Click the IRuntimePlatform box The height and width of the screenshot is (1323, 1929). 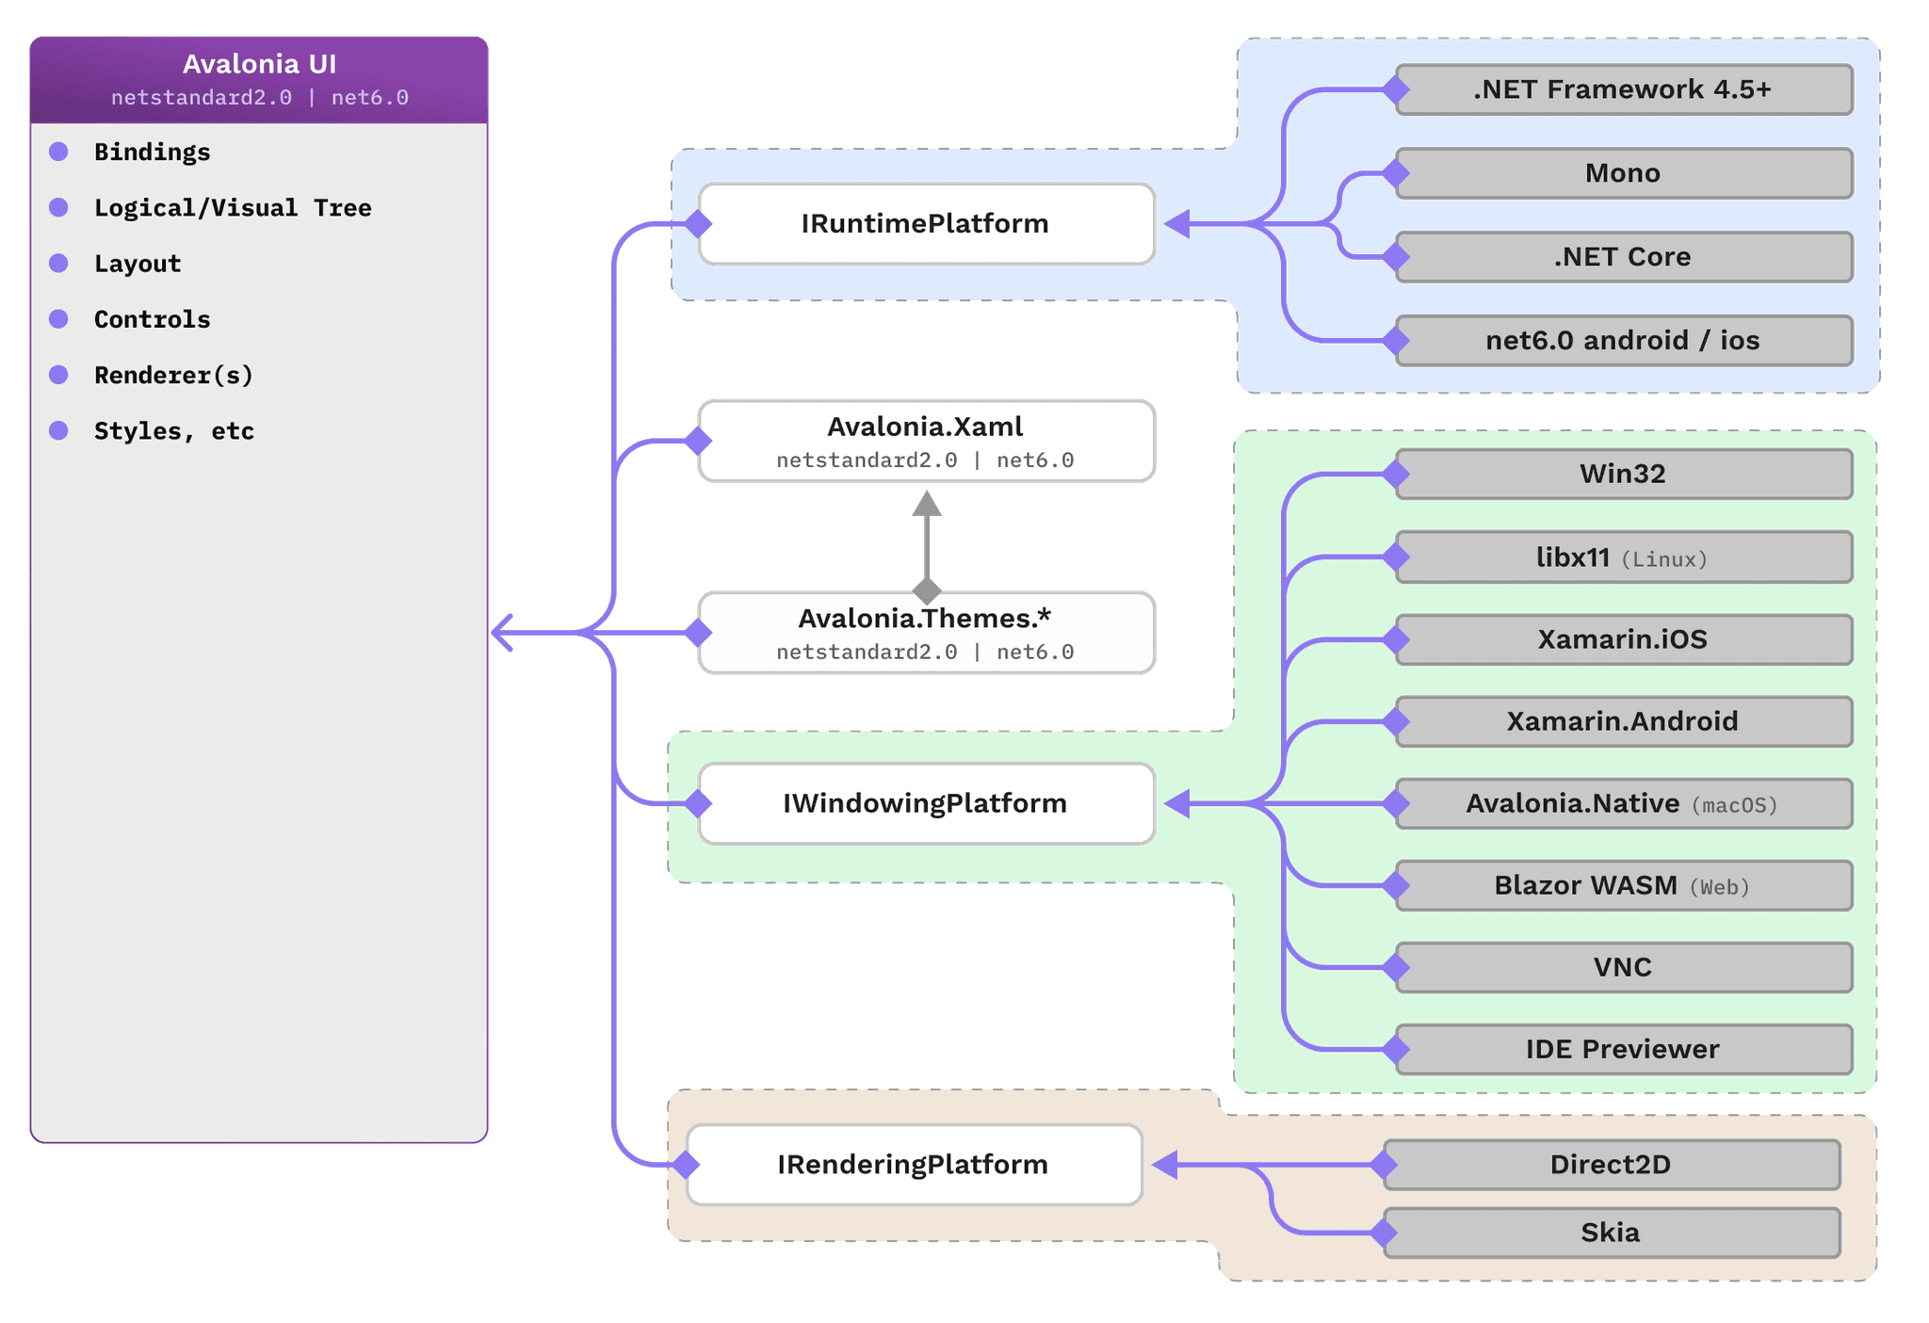[926, 224]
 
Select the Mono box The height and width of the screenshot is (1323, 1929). [1623, 173]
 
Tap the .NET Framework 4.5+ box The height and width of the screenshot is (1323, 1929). [1623, 89]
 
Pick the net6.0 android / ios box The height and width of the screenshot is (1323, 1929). [1623, 340]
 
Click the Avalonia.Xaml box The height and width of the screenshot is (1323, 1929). [926, 441]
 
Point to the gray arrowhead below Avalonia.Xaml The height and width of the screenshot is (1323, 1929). [927, 505]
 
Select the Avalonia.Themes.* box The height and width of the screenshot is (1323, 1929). [926, 633]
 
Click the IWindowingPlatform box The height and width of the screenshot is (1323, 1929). [926, 803]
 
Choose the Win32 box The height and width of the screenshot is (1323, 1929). [1623, 474]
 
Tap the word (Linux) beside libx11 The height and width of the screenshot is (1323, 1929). [1664, 559]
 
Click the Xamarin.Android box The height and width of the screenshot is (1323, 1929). [1623, 721]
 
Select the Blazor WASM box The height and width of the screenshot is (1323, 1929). [1623, 885]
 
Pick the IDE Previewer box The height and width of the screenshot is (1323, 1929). [1623, 1049]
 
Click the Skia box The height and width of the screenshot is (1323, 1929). [1611, 1233]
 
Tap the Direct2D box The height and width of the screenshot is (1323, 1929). [1611, 1165]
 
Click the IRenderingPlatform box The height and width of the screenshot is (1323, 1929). [913, 1165]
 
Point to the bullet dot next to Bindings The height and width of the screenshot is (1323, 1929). [58, 152]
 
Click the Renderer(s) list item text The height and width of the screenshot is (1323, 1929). [174, 375]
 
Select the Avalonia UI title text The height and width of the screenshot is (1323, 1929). [259, 64]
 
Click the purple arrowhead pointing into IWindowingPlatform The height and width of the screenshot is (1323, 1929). [1176, 803]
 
